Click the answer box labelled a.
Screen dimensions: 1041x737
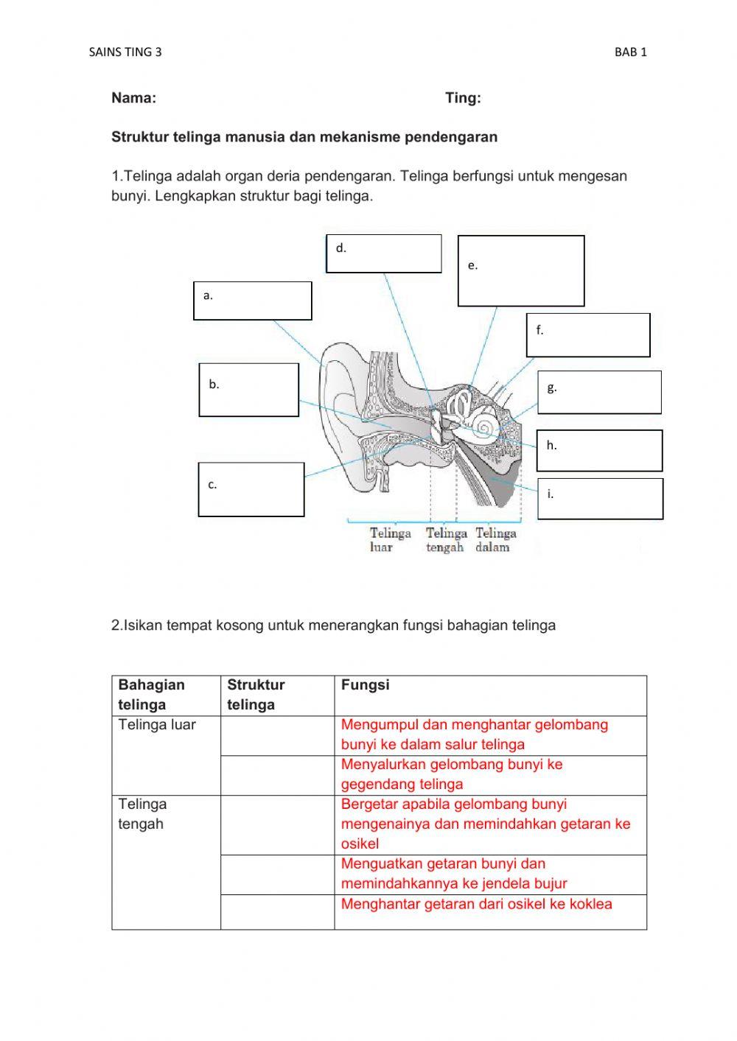252,301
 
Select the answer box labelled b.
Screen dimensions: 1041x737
248,390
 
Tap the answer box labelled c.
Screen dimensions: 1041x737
251,489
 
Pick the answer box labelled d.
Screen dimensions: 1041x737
383,253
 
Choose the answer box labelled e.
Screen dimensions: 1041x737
520,270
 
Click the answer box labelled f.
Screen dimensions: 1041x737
587,334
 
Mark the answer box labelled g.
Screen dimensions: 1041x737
598,392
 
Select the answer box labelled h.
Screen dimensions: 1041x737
598,450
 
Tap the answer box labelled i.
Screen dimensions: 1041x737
599,499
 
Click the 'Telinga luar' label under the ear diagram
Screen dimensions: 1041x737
390,539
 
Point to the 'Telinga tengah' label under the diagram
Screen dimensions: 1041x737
446,539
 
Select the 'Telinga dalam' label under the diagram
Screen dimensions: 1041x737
495,539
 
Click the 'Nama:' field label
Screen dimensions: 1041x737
133,98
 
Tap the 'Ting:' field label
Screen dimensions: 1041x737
463,98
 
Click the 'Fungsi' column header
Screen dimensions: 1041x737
365,684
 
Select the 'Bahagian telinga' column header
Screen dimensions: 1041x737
151,694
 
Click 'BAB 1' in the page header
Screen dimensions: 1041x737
630,52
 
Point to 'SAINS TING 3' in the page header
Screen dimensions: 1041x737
125,52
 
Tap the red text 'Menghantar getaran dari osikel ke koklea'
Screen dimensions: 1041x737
476,904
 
